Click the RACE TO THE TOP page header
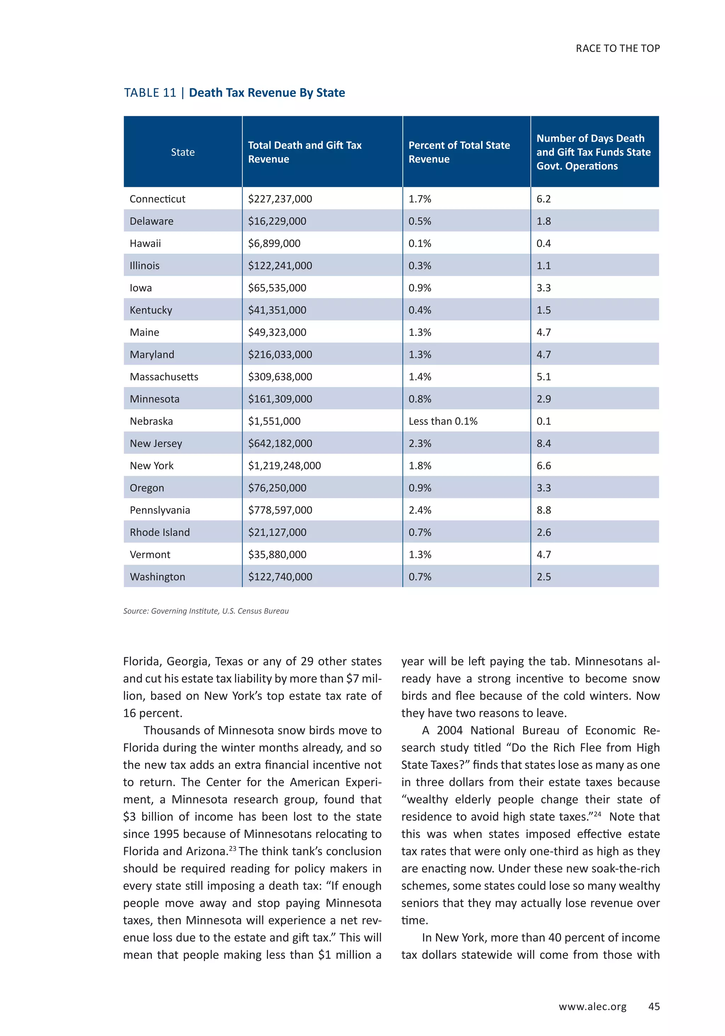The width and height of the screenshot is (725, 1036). pos(617,48)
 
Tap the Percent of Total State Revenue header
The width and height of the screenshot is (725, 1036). pos(459,152)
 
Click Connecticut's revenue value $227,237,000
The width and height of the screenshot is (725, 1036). pos(280,199)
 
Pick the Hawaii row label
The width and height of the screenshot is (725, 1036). pos(145,244)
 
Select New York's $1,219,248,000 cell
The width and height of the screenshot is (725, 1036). pos(284,466)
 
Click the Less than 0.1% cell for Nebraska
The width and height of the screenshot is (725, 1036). pos(443,421)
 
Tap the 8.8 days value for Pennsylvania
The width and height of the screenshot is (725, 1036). pos(544,510)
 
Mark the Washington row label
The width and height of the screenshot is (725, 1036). pos(158,577)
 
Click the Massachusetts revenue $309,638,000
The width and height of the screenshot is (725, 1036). pos(280,377)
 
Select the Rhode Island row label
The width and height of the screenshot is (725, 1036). pos(160,533)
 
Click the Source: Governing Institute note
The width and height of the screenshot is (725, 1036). pos(206,611)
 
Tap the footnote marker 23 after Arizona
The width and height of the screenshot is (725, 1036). pos(232,848)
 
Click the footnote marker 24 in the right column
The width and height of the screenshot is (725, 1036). pos(597,814)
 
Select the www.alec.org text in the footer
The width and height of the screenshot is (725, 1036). pos(592,1007)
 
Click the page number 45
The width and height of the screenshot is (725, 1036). pos(654,1007)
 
